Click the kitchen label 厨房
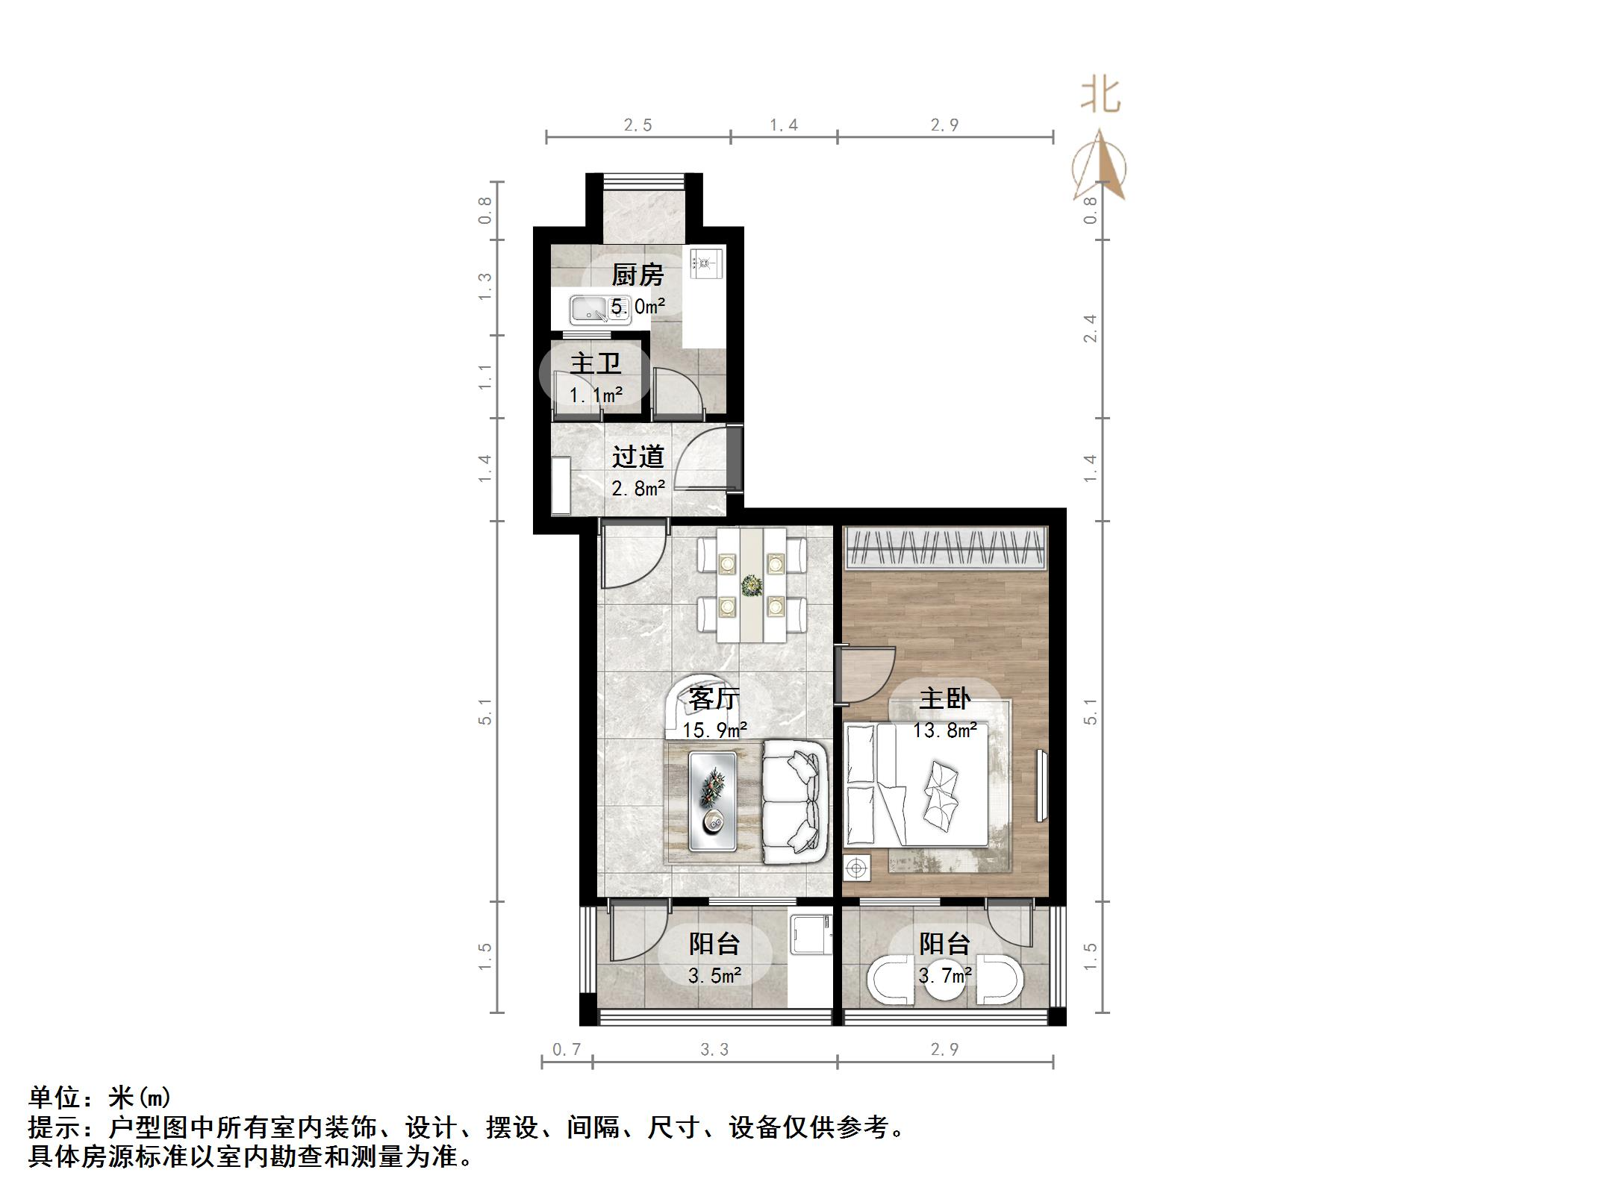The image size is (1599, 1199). (637, 275)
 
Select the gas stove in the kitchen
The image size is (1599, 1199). (706, 263)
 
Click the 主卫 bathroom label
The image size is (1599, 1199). (595, 363)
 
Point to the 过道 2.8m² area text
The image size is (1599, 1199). (638, 489)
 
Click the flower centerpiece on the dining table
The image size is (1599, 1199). (750, 586)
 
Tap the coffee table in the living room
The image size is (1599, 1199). (712, 801)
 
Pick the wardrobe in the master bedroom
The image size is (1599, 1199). (945, 548)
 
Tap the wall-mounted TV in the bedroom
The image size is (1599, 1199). (1041, 785)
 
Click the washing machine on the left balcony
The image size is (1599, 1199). (811, 936)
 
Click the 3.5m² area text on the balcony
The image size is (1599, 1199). (714, 975)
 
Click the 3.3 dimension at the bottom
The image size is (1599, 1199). (714, 1050)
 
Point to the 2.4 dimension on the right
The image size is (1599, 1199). (1091, 328)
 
